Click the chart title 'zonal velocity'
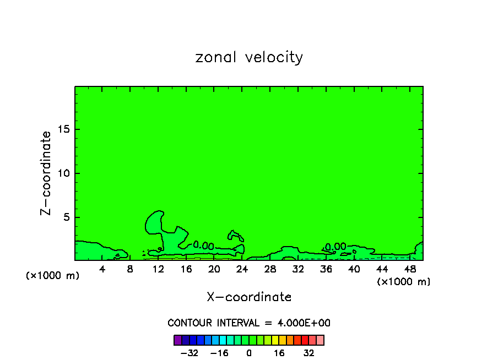click(x=249, y=57)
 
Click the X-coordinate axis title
click(x=249, y=297)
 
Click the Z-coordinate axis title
click(x=47, y=173)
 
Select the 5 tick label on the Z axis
click(x=68, y=217)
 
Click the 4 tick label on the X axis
click(x=102, y=269)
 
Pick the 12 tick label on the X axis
click(x=158, y=269)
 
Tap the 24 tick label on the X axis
click(x=242, y=269)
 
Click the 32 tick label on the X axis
click(x=298, y=269)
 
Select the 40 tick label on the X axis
click(x=354, y=269)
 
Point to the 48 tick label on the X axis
click(x=409, y=269)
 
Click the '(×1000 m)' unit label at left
click(x=53, y=276)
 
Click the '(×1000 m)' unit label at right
click(x=404, y=282)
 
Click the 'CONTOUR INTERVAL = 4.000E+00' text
click(x=249, y=323)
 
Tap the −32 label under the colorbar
click(x=189, y=353)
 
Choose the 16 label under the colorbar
click(x=279, y=353)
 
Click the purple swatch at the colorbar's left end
click(x=177, y=340)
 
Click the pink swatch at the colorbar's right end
click(x=320, y=340)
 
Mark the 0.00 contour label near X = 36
click(x=335, y=247)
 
